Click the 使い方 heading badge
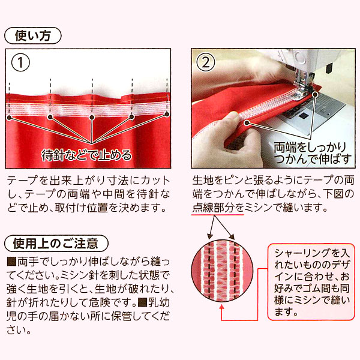[x=33, y=36]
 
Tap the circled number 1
[x=20, y=62]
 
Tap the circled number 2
[x=206, y=62]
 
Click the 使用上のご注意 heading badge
[x=56, y=244]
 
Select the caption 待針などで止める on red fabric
[x=86, y=155]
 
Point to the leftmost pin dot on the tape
[x=9, y=118]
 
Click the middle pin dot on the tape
[x=92, y=118]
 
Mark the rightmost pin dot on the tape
[x=167, y=114]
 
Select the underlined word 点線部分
[x=213, y=208]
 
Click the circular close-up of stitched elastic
[x=222, y=270]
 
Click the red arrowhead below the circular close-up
[x=222, y=307]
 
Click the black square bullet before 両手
[x=11, y=262]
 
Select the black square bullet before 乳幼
[x=142, y=302]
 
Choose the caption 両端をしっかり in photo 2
[x=310, y=148]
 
